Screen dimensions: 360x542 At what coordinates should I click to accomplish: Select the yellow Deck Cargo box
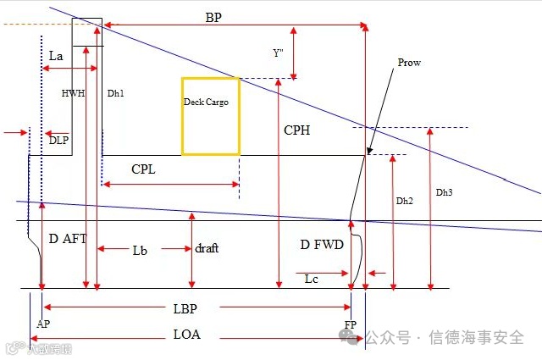[210, 116]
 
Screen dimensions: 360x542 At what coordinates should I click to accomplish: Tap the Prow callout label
[409, 63]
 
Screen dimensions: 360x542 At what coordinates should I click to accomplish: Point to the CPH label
[296, 130]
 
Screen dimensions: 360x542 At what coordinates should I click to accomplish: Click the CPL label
[143, 169]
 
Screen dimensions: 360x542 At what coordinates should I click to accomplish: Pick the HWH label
[74, 92]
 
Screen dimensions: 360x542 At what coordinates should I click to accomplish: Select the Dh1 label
[116, 92]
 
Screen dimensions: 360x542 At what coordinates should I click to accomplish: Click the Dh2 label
[405, 201]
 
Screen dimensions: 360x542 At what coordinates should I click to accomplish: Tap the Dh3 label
[444, 192]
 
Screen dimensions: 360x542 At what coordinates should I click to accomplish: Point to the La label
[56, 55]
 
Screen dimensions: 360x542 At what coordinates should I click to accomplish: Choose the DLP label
[58, 140]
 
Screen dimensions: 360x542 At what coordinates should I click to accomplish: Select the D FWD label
[322, 245]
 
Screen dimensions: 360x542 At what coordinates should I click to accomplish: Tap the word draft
[207, 248]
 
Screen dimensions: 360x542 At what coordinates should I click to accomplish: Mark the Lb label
[141, 250]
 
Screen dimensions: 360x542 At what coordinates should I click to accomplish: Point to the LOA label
[186, 335]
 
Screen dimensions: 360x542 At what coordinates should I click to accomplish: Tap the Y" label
[278, 53]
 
